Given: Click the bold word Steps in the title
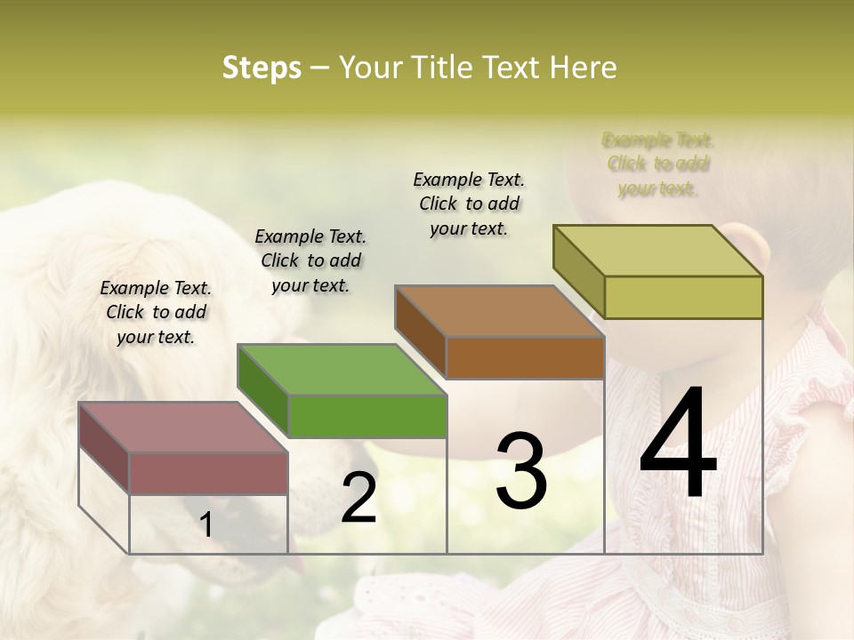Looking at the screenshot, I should [262, 68].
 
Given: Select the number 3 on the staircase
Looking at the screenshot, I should [520, 470].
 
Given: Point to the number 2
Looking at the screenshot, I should [359, 498].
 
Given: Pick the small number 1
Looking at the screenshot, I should [206, 525].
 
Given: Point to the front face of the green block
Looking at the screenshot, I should [367, 416].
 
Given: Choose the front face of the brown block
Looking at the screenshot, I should [525, 357].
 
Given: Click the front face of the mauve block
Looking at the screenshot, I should [209, 473].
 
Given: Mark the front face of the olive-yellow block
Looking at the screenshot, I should [683, 297].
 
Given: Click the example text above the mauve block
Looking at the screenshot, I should [156, 312].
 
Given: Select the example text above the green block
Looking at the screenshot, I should [310, 260].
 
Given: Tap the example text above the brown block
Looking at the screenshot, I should [469, 204].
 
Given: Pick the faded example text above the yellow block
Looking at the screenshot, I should [657, 164].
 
